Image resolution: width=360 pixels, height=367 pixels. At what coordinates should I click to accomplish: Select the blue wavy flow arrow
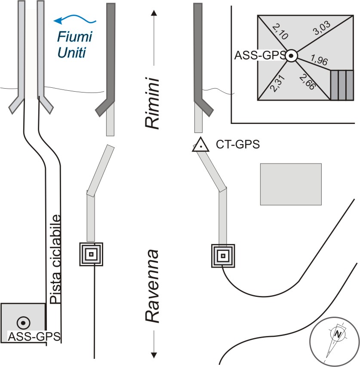tap(74, 19)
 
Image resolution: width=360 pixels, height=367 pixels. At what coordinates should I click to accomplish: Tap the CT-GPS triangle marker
tap(200, 145)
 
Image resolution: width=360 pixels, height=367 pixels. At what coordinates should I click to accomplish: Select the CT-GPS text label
tap(237, 145)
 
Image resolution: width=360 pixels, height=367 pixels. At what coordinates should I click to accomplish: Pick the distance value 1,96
tap(319, 61)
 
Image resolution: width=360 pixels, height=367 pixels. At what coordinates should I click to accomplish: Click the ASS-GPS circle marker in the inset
tap(291, 56)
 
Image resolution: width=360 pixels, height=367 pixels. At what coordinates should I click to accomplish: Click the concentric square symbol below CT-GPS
tap(223, 256)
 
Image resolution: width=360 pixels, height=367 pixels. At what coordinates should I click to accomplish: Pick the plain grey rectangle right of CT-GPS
tap(291, 184)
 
